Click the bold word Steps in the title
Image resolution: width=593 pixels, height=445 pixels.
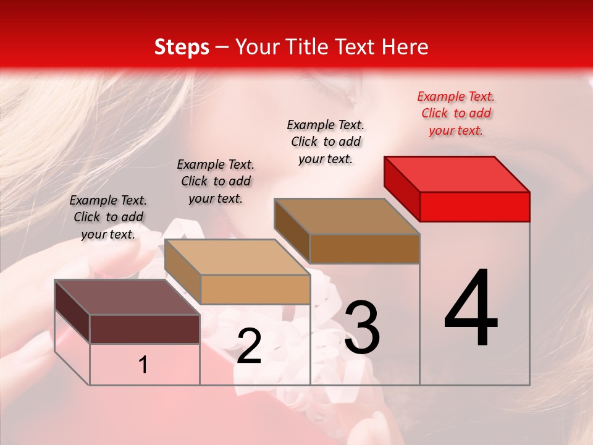(x=182, y=47)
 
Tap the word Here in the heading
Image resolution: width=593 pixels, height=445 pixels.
(x=404, y=47)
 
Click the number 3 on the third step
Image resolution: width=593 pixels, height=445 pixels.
(x=362, y=327)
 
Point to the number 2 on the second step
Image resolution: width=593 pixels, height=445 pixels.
(x=249, y=346)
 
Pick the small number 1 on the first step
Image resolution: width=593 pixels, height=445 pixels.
(x=143, y=365)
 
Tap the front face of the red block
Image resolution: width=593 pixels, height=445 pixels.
(x=474, y=206)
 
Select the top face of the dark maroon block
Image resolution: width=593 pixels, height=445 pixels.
(x=127, y=297)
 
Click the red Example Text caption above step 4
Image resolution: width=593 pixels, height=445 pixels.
(x=456, y=113)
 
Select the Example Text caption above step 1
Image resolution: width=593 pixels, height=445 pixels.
(x=108, y=217)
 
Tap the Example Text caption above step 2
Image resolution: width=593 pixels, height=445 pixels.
(x=216, y=181)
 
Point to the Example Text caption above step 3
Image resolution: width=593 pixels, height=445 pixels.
(x=326, y=142)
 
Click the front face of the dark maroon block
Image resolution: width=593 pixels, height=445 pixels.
(x=145, y=329)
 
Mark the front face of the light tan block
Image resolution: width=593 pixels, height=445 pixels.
(x=255, y=289)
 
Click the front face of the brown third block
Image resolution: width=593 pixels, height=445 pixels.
(x=364, y=248)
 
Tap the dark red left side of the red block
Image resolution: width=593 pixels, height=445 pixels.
(x=402, y=187)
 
